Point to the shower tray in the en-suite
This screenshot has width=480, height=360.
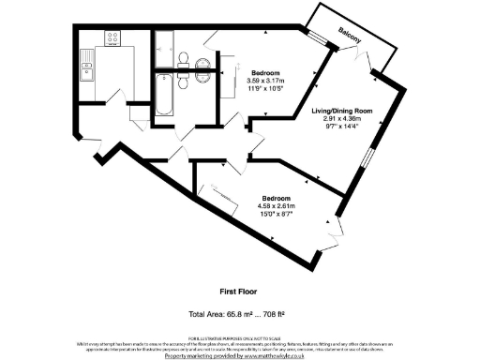click(165, 43)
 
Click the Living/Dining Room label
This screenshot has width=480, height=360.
click(342, 111)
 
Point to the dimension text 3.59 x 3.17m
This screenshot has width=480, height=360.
click(268, 81)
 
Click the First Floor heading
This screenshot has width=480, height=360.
click(239, 291)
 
